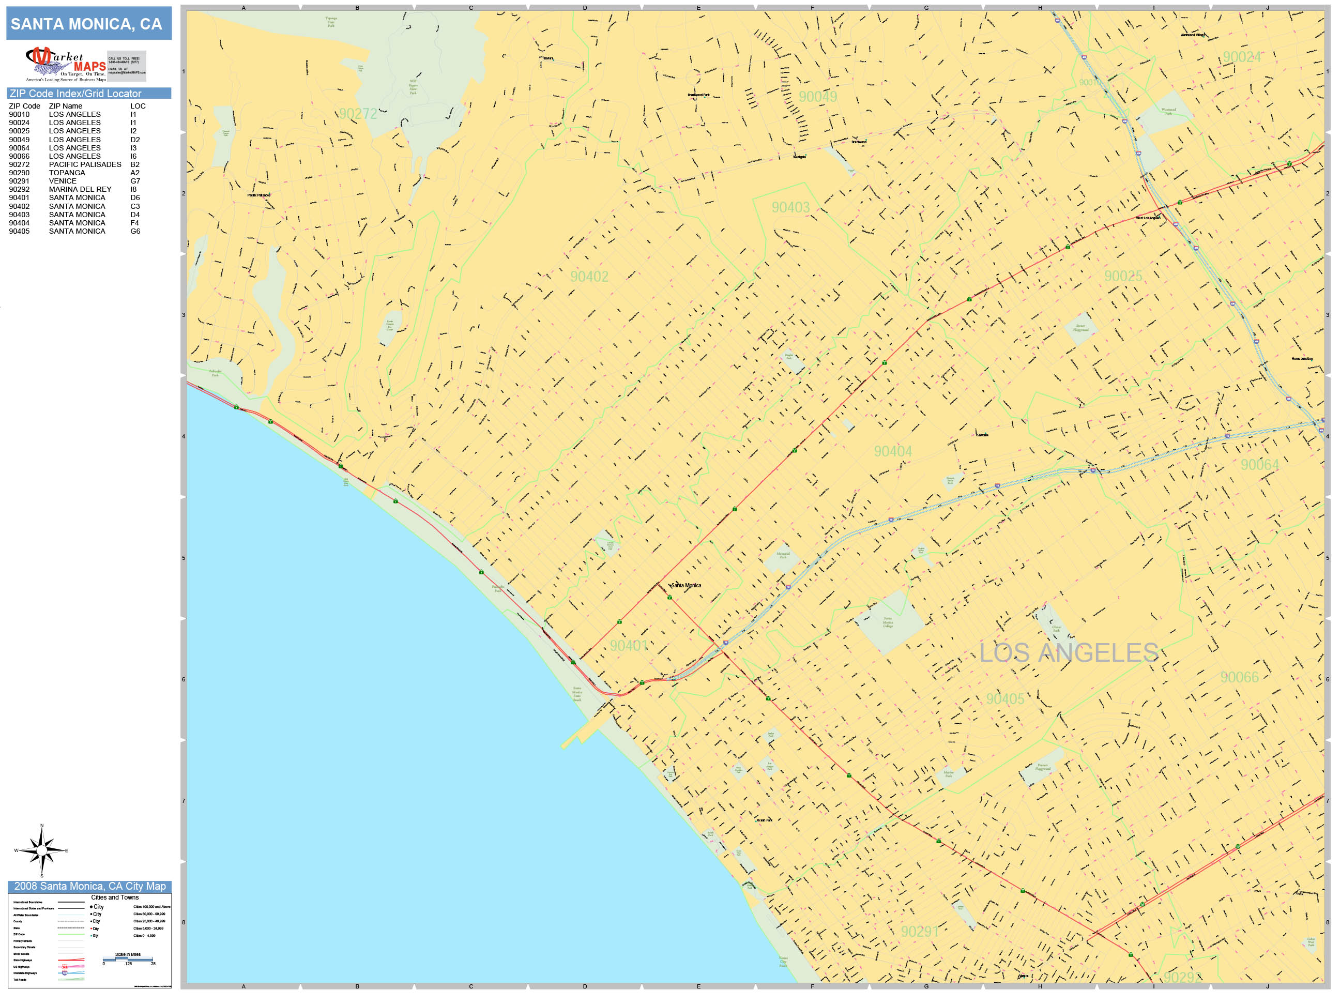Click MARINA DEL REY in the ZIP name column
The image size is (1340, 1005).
(80, 190)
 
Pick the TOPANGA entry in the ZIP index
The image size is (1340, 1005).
(67, 173)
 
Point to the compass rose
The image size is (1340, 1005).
(41, 850)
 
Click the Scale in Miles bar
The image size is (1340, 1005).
(128, 959)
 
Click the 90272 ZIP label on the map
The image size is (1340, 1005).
(358, 114)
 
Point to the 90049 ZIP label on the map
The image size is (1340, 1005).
(817, 97)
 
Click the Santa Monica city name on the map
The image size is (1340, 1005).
(687, 586)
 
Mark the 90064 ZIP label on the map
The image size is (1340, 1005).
(1259, 465)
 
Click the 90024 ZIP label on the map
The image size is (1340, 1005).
(1241, 57)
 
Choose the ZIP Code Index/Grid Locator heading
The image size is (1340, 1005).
(75, 93)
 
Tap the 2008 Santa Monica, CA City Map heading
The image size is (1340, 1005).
(89, 886)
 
